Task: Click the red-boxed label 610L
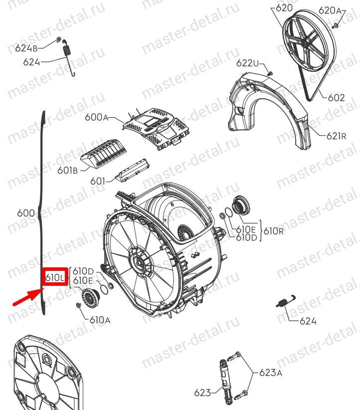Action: [x=55, y=277]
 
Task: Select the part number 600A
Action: [x=97, y=117]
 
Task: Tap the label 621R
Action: [x=336, y=136]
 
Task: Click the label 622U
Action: [x=247, y=63]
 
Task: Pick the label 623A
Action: [x=271, y=373]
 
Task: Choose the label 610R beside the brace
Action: [x=273, y=231]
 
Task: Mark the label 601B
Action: [x=67, y=170]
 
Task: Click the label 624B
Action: [x=26, y=48]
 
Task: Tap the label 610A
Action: [x=100, y=320]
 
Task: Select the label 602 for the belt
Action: [x=336, y=98]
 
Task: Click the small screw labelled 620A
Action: [x=336, y=25]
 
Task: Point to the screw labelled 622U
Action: [x=270, y=73]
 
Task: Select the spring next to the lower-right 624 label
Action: [x=285, y=301]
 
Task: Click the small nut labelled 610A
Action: [x=78, y=305]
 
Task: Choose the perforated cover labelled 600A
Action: [x=156, y=128]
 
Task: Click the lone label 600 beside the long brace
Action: [x=25, y=213]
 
